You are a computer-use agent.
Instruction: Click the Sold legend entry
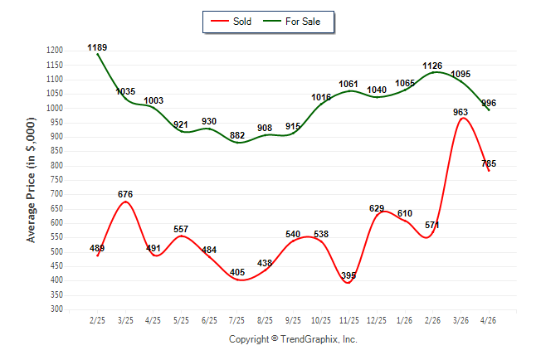[231, 22]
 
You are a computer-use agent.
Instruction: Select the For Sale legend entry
[292, 22]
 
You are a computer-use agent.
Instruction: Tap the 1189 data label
[97, 47]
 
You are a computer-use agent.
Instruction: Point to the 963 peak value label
[460, 112]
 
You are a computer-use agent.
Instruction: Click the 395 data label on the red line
[348, 275]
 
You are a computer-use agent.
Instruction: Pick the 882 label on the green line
[237, 136]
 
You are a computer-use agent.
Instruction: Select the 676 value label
[125, 195]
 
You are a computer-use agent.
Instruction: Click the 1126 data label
[432, 66]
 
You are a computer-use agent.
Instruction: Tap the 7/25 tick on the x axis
[236, 320]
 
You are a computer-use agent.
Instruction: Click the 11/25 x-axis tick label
[348, 320]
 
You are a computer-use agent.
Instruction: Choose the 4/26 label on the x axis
[488, 320]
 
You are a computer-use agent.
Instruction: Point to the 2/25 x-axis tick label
[97, 320]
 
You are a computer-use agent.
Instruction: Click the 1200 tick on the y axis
[55, 51]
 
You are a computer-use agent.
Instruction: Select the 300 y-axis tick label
[56, 309]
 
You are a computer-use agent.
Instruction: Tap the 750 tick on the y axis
[56, 180]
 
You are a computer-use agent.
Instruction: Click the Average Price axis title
[31, 180]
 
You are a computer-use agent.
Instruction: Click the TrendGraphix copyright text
[293, 339]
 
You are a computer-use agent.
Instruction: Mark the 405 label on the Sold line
[237, 272]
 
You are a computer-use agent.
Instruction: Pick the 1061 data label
[348, 84]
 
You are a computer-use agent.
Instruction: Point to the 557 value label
[181, 229]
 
